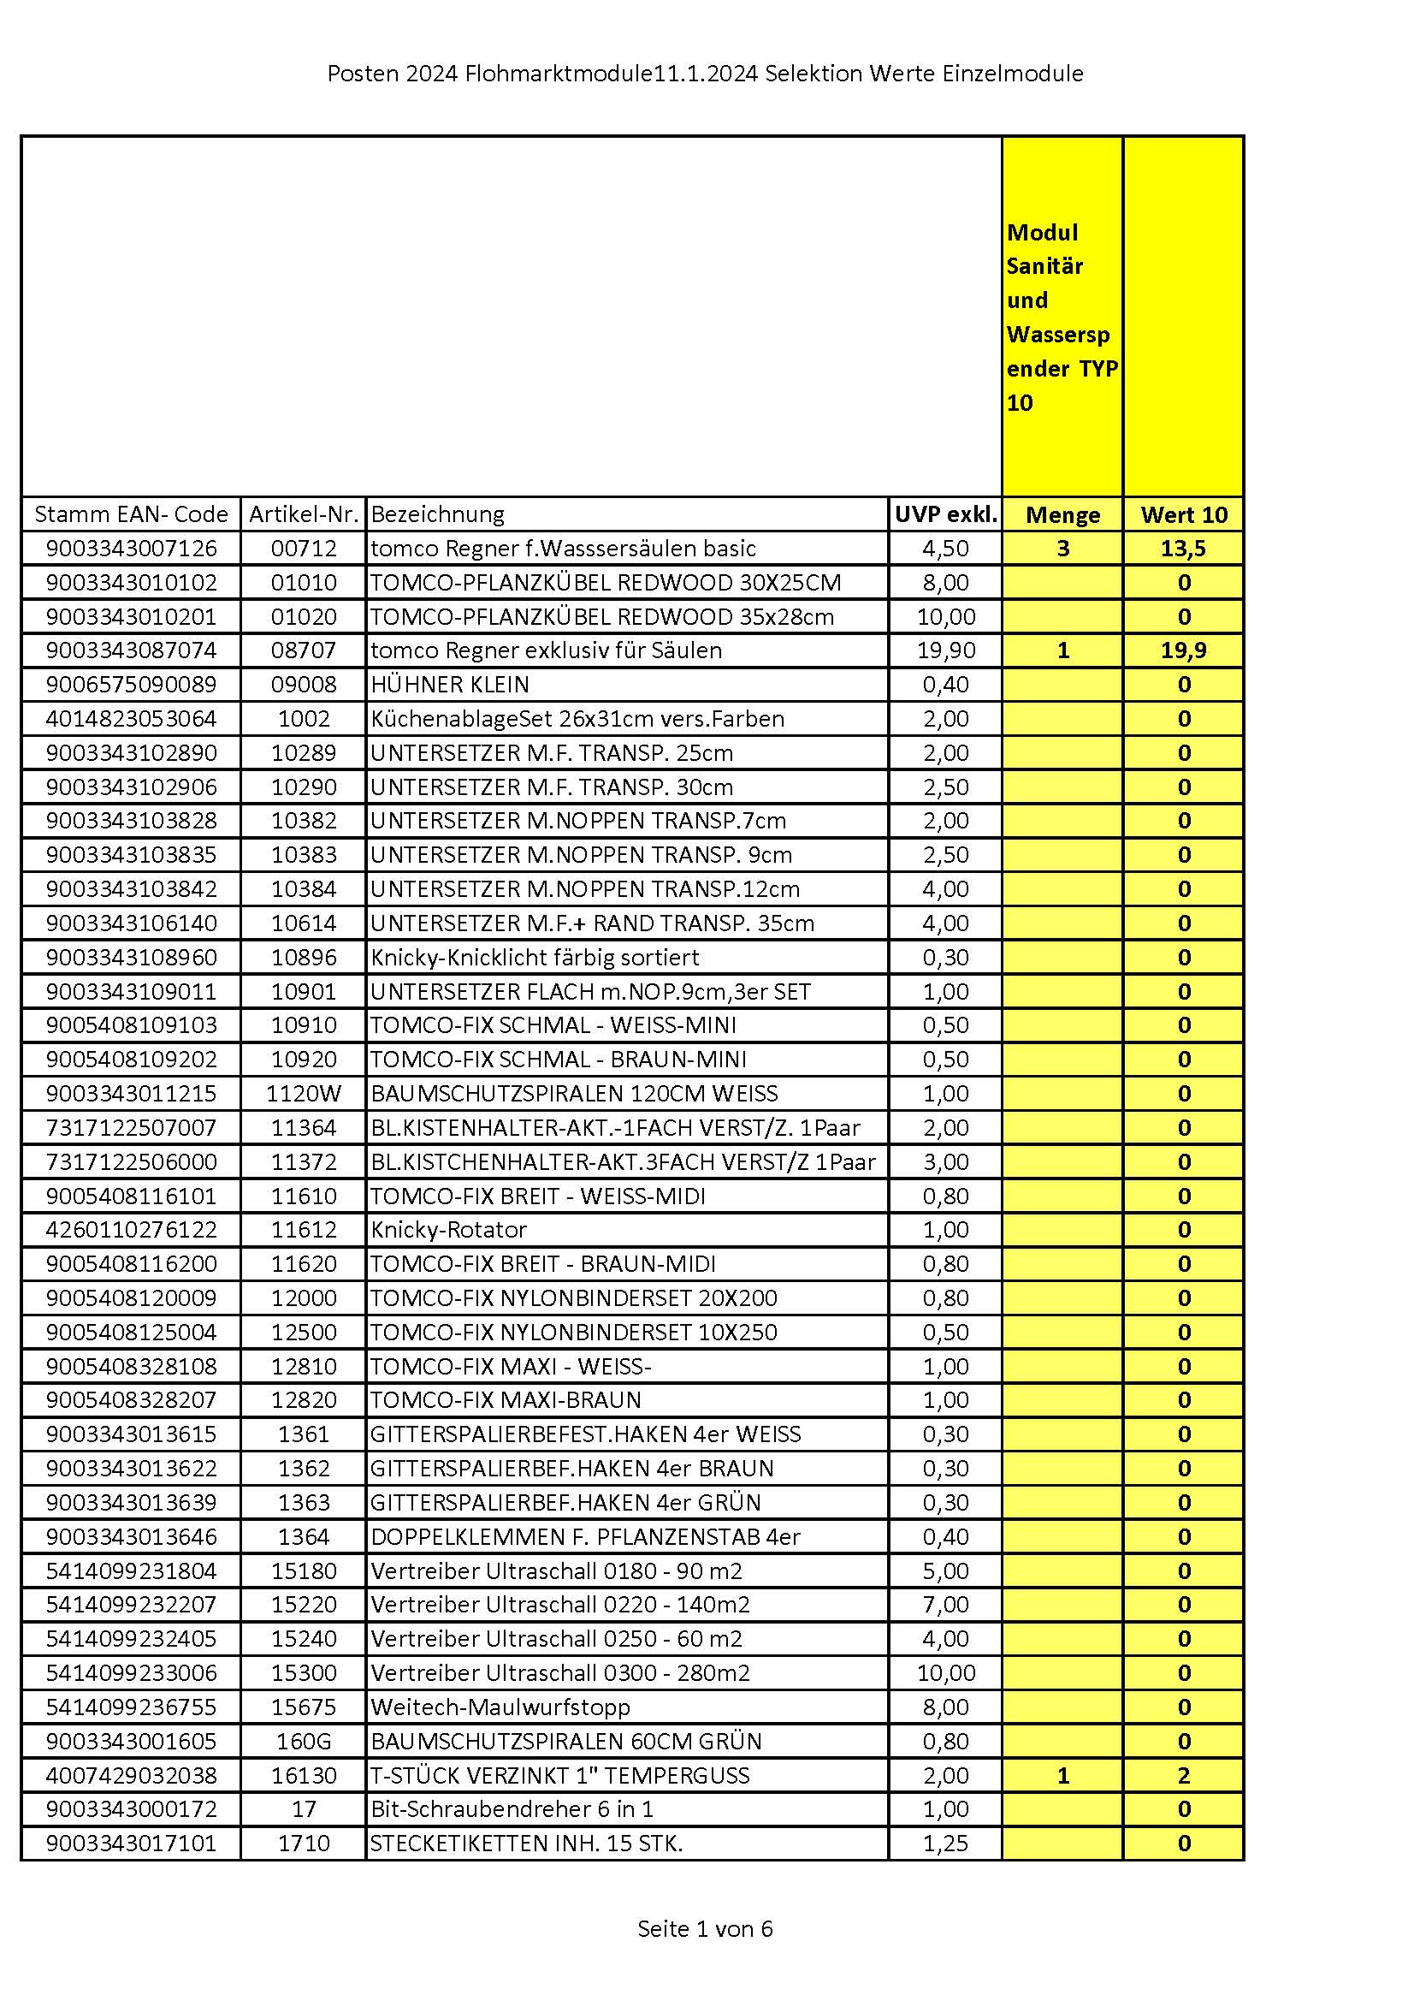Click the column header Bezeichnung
(x=437, y=514)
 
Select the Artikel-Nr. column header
(x=303, y=514)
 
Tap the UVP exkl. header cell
(x=945, y=514)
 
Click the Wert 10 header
(x=1183, y=514)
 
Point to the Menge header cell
(x=1062, y=514)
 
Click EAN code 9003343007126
(x=131, y=549)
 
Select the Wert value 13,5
(x=1183, y=549)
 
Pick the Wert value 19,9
(x=1183, y=650)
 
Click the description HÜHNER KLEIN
(x=450, y=684)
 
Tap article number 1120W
(x=303, y=1093)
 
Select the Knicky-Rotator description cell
(x=449, y=1229)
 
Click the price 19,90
(x=945, y=650)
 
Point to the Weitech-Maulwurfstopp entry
(x=500, y=1707)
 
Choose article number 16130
(x=303, y=1774)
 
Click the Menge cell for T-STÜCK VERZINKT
(x=1062, y=1774)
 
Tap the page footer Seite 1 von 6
(x=705, y=1928)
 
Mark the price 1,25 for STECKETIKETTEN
(x=945, y=1843)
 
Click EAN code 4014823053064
(x=131, y=718)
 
